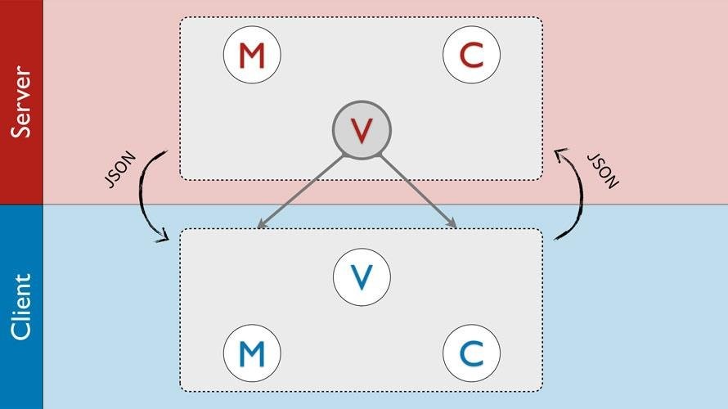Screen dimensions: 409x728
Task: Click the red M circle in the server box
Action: pyautogui.click(x=252, y=55)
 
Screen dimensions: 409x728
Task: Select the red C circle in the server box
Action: pyautogui.click(x=472, y=55)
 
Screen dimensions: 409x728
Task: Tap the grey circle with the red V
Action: pyautogui.click(x=362, y=129)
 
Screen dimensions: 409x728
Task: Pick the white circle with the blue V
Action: pyautogui.click(x=362, y=276)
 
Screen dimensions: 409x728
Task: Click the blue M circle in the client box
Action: pyautogui.click(x=252, y=353)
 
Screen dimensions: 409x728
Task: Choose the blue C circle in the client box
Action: pyautogui.click(x=472, y=353)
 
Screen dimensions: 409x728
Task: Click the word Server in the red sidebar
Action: pyautogui.click(x=21, y=102)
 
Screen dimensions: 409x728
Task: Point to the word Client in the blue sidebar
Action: pyautogui.click(x=21, y=307)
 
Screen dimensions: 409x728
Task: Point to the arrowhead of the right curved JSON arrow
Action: pyautogui.click(x=559, y=152)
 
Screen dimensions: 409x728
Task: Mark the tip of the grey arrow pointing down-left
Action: pyautogui.click(x=258, y=227)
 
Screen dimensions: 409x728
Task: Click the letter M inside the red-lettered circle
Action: pyautogui.click(x=252, y=56)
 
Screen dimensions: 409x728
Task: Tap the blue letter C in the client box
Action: pyautogui.click(x=472, y=353)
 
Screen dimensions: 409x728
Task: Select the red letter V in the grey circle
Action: pyautogui.click(x=362, y=129)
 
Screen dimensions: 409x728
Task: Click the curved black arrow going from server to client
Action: pyautogui.click(x=147, y=196)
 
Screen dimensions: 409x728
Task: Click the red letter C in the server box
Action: pyautogui.click(x=472, y=55)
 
